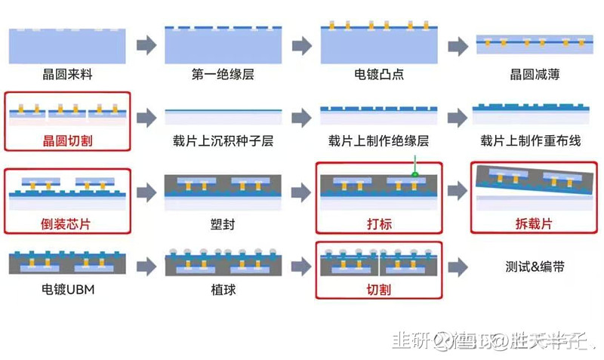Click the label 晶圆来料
coord(68,75)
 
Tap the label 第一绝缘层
coord(223,75)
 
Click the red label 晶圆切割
coord(68,140)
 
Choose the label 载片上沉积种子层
coord(223,141)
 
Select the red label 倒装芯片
coord(68,223)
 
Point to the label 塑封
coord(223,224)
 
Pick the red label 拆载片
coord(534,223)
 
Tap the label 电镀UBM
coord(68,289)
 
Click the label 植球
coord(223,289)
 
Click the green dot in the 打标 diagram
coord(414,175)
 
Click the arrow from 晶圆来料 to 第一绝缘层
coord(146,45)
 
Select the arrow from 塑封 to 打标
coord(301,192)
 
